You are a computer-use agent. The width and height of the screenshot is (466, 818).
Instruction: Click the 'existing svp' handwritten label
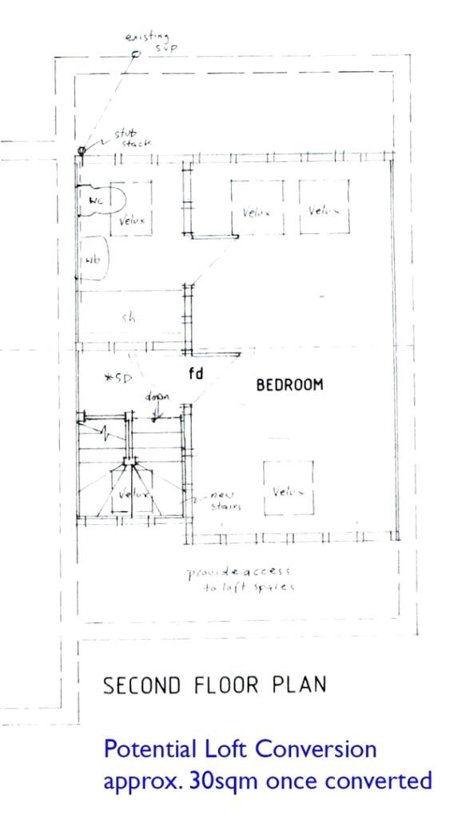tap(151, 42)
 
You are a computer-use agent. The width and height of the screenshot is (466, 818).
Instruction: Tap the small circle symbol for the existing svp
tap(135, 54)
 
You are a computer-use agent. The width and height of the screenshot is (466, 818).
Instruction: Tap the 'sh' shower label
tap(128, 317)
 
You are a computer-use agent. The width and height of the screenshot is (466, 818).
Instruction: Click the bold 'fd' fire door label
tap(195, 373)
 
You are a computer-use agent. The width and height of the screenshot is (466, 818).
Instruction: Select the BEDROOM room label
tap(289, 385)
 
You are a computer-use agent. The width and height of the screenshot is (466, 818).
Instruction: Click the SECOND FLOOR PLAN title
tap(215, 685)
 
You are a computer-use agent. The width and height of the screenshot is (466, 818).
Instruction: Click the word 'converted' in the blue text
tap(380, 780)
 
